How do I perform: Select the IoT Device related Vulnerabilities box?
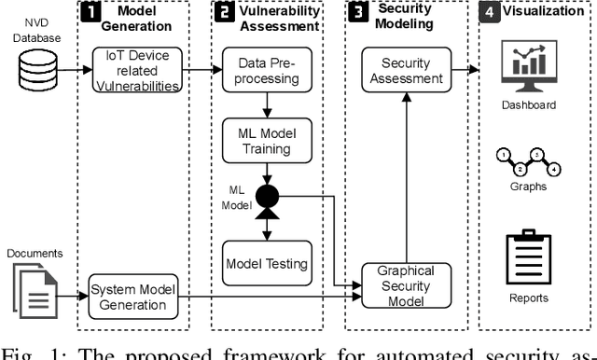pos(137,70)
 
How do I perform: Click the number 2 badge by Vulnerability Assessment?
pos(225,14)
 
